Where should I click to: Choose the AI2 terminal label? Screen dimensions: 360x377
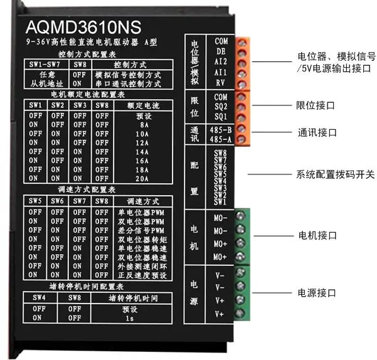coord(221,61)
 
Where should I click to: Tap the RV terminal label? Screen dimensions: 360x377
coord(221,82)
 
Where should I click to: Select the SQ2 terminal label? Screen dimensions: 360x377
coord(221,107)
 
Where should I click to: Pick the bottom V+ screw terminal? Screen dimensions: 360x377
coord(239,313)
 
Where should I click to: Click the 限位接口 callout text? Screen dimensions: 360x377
coord(315,106)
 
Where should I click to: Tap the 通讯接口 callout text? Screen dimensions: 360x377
coord(316,133)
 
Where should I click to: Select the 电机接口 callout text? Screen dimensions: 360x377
coord(317,236)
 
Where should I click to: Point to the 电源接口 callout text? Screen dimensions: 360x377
coord(317,293)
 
